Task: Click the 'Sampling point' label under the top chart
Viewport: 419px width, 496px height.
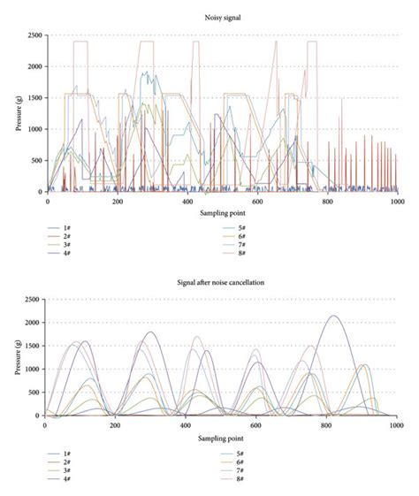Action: point(222,213)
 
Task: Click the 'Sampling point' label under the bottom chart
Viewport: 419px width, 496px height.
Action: point(222,437)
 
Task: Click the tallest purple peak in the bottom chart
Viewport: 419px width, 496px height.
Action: point(332,317)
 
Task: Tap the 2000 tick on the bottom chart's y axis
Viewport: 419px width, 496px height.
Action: point(33,323)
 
